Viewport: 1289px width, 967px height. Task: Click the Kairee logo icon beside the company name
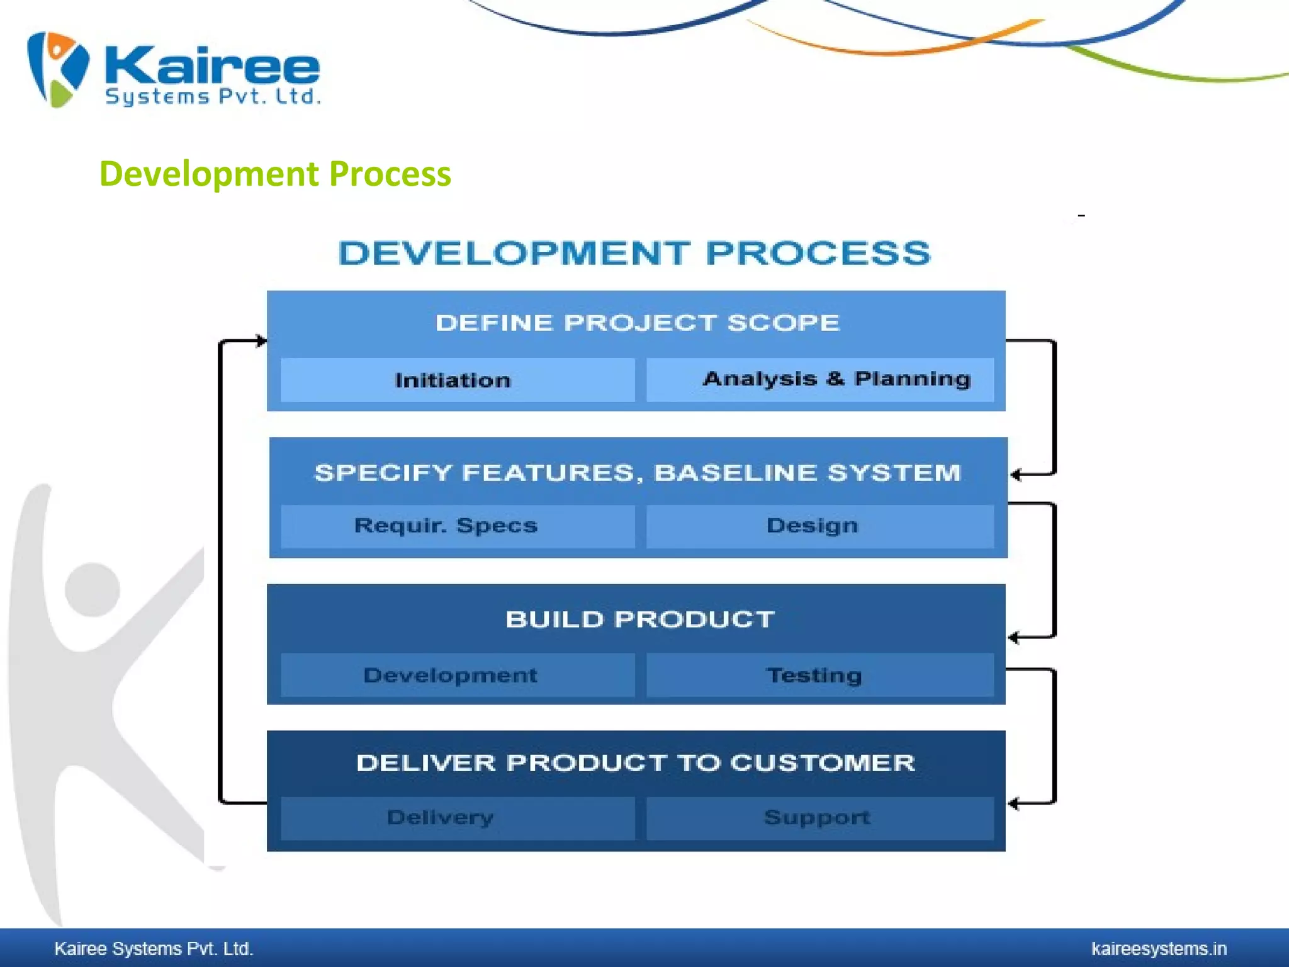(x=58, y=69)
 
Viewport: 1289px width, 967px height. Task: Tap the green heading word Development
(x=209, y=174)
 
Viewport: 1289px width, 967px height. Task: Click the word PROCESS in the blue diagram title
(x=818, y=254)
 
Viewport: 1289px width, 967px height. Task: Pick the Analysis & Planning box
(x=820, y=380)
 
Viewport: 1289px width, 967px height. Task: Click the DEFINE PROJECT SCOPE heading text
(x=637, y=323)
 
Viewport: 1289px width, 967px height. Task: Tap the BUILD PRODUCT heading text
(x=639, y=619)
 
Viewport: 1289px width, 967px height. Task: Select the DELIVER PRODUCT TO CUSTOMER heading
(x=636, y=763)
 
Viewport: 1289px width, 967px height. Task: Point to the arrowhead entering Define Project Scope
(x=261, y=341)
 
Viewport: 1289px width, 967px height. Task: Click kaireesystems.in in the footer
(x=1159, y=949)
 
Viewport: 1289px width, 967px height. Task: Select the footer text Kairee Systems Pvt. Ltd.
(x=154, y=949)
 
